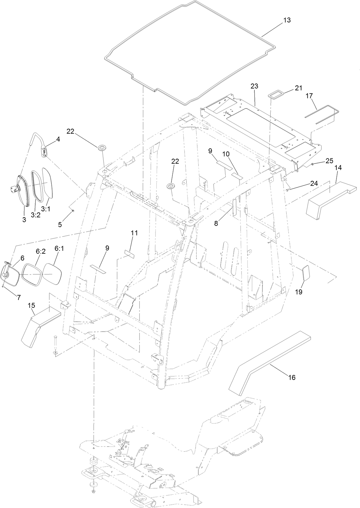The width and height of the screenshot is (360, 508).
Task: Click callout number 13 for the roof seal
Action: click(x=287, y=20)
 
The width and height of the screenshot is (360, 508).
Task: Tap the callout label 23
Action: click(x=254, y=86)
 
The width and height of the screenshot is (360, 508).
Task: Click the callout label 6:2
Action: click(x=41, y=252)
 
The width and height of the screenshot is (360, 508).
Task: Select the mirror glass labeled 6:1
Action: click(x=54, y=274)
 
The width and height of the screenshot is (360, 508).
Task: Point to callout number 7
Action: click(x=19, y=298)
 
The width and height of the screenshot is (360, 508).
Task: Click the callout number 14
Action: click(x=338, y=168)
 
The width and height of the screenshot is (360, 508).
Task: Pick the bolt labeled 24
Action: click(x=288, y=190)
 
